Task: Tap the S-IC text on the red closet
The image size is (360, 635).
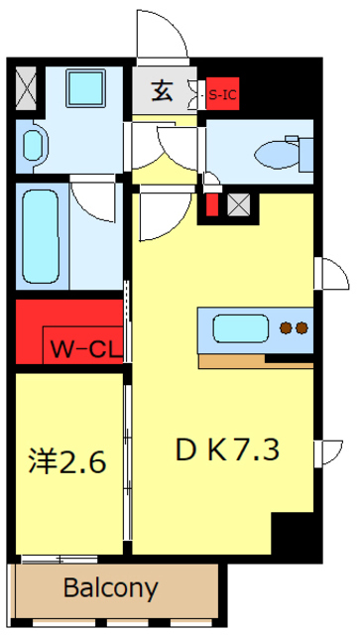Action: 221,95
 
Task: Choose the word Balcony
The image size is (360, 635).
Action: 110,587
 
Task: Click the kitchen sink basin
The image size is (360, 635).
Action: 236,327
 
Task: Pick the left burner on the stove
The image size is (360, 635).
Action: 286,327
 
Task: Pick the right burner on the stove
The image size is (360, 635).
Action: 301,327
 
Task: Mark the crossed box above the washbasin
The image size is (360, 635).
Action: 28,88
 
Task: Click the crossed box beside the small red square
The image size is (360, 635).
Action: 238,205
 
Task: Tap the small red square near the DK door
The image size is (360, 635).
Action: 210,205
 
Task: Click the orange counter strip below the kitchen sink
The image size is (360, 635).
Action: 255,360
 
